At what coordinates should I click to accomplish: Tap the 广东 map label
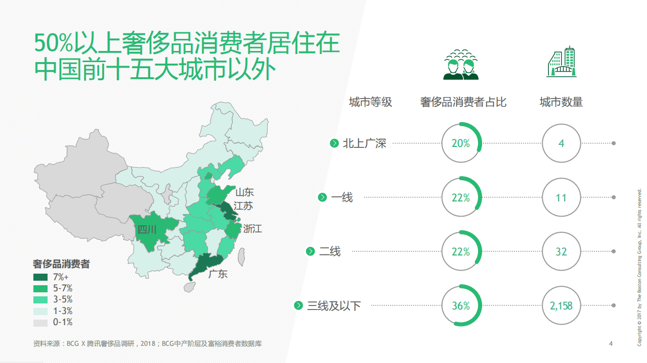[218, 274]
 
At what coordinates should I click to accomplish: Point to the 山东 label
[244, 192]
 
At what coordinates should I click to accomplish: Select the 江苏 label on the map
[243, 206]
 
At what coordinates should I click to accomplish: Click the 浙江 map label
[252, 229]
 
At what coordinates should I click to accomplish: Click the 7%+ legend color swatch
[40, 277]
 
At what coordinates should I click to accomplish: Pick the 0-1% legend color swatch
[40, 323]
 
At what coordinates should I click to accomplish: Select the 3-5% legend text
[63, 300]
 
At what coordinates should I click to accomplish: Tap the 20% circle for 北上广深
[461, 143]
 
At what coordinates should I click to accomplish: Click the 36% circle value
[461, 306]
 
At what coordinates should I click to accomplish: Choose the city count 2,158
[561, 306]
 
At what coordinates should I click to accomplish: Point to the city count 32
[561, 251]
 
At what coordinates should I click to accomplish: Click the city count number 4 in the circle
[561, 143]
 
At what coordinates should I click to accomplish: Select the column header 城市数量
[561, 102]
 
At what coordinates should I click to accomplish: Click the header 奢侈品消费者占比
[463, 102]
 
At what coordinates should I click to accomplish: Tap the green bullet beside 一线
[322, 197]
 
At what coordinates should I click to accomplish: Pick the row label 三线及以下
[334, 306]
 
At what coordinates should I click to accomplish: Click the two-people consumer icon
[461, 65]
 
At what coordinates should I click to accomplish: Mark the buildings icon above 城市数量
[561, 62]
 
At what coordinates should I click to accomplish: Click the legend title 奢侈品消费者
[61, 264]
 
